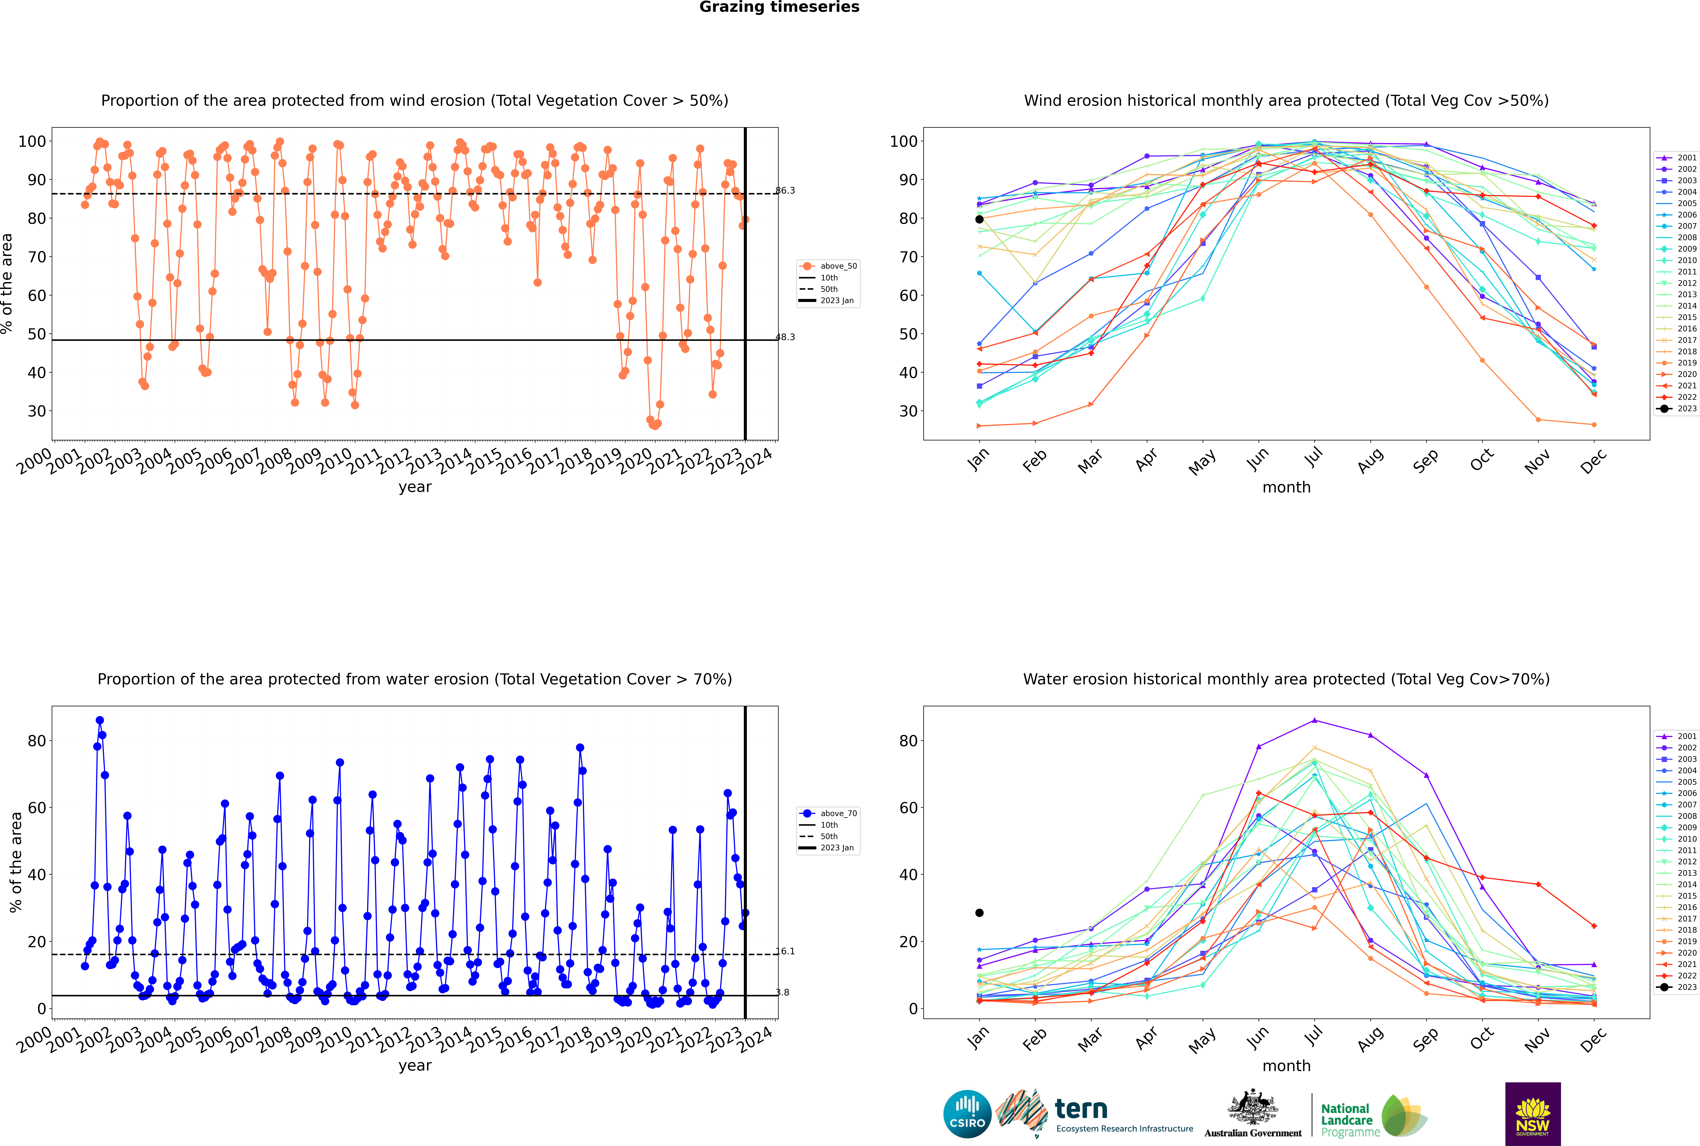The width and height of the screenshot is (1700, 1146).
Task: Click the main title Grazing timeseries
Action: [779, 7]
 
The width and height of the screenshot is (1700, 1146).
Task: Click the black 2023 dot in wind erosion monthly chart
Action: [979, 219]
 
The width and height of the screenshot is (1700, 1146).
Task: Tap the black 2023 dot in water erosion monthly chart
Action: [979, 913]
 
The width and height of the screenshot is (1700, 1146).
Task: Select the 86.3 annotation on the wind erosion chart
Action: [785, 191]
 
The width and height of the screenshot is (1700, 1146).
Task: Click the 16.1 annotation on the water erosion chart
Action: [785, 952]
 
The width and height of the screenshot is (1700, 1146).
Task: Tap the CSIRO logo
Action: [967, 1115]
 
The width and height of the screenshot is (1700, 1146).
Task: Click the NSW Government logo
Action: [1533, 1114]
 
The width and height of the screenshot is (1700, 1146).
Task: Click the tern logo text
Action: [1081, 1110]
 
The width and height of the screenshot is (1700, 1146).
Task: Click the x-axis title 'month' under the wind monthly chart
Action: [1286, 488]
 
